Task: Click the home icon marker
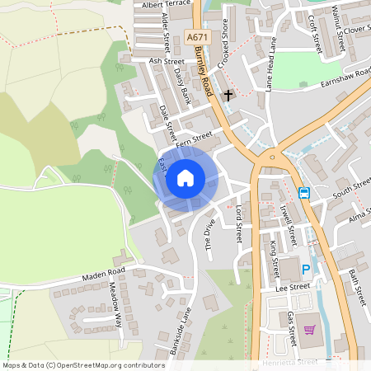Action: [185, 177]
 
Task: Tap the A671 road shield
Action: [197, 38]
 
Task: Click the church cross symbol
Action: [228, 96]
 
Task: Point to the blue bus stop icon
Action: [304, 193]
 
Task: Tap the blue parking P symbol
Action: [307, 270]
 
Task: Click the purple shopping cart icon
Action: [309, 330]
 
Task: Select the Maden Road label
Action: [103, 273]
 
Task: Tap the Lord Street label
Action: [240, 223]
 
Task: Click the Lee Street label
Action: [293, 286]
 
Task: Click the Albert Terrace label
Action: [166, 5]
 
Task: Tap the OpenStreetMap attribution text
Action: [83, 364]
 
